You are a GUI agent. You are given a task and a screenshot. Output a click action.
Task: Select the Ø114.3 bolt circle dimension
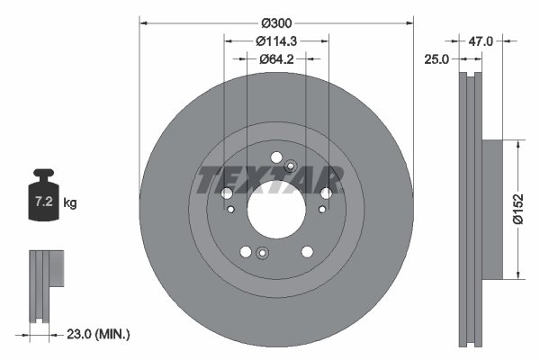point(275,40)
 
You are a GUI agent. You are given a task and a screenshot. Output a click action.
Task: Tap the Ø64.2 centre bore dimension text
point(275,59)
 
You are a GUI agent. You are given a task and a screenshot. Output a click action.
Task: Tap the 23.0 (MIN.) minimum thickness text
point(98,334)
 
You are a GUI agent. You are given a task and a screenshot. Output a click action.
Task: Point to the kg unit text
point(70,203)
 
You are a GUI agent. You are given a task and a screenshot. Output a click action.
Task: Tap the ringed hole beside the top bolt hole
point(290,166)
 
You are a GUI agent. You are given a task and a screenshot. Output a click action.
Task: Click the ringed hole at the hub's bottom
point(261,252)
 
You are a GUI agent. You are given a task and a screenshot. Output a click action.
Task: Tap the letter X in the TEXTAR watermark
point(256,180)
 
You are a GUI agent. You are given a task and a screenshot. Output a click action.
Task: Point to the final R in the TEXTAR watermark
point(329,180)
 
